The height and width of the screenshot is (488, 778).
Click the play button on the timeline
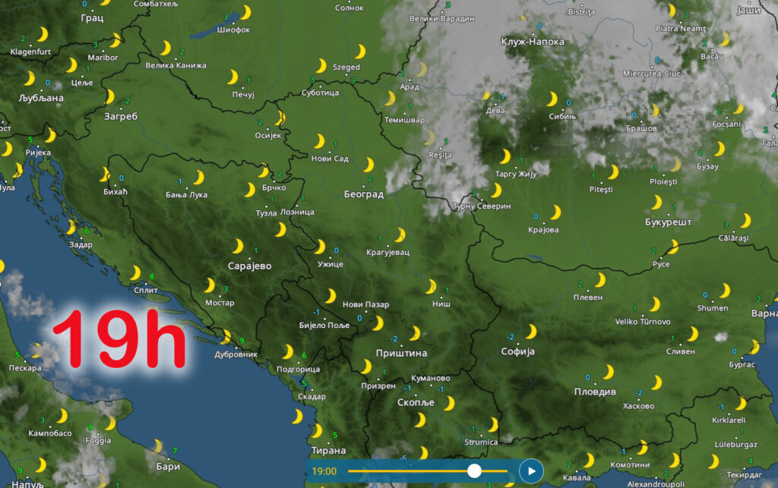tap(531, 471)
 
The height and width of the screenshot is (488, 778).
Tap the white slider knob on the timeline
tap(474, 471)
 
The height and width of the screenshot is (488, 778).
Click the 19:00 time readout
tap(324, 471)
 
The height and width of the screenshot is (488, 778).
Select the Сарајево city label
tap(249, 266)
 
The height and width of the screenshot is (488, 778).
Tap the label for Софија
tap(518, 351)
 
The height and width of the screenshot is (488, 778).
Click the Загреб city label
tap(121, 116)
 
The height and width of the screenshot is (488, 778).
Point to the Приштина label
tap(401, 353)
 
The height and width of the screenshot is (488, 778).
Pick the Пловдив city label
tap(595, 392)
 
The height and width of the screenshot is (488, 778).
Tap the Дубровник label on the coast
tap(236, 354)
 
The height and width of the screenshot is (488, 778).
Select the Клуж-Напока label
tap(533, 42)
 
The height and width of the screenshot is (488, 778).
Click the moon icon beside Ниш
tap(431, 286)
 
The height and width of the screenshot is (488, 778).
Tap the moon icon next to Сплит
tap(135, 273)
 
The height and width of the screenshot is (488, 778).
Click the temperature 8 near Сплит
tap(152, 275)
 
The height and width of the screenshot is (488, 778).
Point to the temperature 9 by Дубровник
tap(242, 339)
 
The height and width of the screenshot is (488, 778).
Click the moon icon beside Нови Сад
tap(320, 141)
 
